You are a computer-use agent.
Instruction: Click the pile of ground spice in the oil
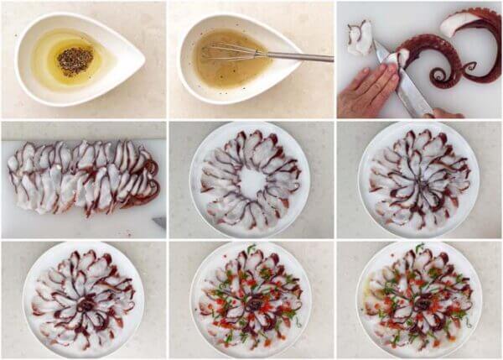pos(75,60)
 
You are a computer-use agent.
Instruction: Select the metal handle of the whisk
pos(293,56)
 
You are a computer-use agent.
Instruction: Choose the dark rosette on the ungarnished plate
pos(85,304)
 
